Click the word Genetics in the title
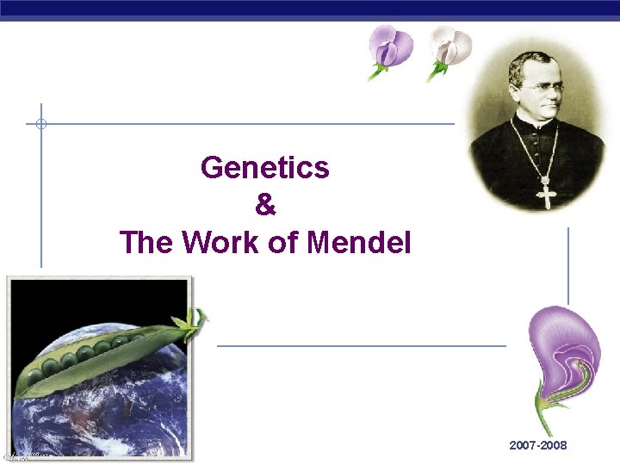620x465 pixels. click(264, 167)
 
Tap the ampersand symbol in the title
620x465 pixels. click(265, 205)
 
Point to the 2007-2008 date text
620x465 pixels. click(538, 446)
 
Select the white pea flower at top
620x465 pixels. click(449, 47)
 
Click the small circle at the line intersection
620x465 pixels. click(40, 124)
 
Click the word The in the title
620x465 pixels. click(146, 243)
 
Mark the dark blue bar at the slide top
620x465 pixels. click(310, 7)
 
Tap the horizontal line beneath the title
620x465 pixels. click(362, 346)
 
